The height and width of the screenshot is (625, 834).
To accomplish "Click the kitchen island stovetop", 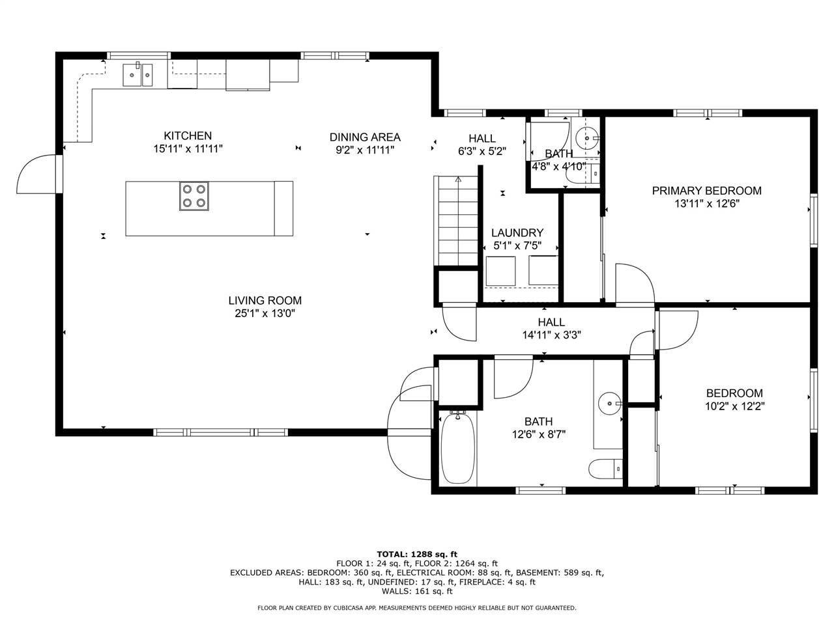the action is point(194,196).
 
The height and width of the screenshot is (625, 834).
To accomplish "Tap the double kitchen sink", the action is point(137,75).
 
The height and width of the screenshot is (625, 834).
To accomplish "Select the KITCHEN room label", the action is point(188,135).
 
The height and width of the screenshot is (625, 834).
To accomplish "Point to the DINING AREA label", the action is point(365,137).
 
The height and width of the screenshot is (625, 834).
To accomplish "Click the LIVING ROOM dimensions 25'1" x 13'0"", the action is point(265,313).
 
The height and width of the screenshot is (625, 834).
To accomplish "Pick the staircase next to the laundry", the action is point(455,221).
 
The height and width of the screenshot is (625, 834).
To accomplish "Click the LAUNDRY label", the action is point(517,232).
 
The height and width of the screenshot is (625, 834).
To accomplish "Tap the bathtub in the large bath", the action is point(458,448).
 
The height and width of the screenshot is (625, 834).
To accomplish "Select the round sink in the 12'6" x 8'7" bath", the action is point(610,404).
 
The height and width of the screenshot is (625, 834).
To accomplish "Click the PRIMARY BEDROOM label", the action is point(707,191).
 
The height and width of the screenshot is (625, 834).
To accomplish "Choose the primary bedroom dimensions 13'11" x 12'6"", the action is point(707,204).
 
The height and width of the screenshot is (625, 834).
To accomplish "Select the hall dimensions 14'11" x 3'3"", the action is point(551,335).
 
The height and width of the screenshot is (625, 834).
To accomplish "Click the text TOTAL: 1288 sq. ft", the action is point(417,555).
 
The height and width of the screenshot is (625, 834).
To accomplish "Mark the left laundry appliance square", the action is point(501,271).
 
